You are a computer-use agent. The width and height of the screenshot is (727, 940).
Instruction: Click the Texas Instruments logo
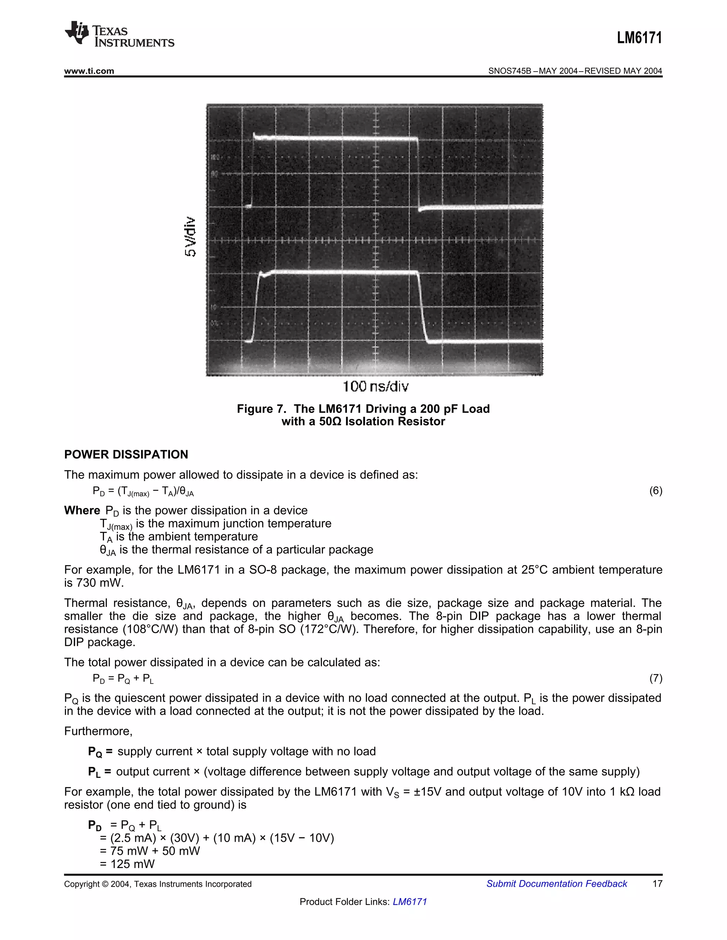[x=119, y=34]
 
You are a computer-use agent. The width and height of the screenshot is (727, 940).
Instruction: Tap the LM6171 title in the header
[x=639, y=38]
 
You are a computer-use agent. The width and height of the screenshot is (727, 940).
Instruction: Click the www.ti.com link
[x=89, y=71]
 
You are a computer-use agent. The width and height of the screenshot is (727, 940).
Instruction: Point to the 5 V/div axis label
[x=190, y=237]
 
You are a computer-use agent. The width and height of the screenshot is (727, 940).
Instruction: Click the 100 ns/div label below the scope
[x=376, y=387]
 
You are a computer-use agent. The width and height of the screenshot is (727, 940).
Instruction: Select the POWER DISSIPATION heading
[x=126, y=454]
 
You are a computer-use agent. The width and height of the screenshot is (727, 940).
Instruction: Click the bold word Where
[x=82, y=510]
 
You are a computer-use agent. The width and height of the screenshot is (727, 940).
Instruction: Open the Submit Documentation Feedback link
[x=557, y=884]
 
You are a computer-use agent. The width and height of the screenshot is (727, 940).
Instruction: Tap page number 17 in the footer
[x=657, y=884]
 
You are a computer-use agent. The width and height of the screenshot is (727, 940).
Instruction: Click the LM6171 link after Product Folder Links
[x=410, y=902]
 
